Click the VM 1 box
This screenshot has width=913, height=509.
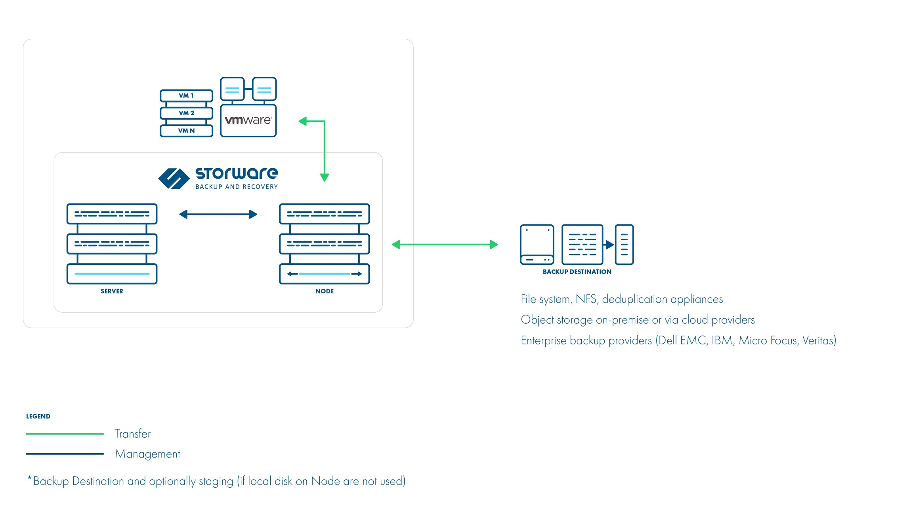186,96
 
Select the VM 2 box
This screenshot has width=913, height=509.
186,113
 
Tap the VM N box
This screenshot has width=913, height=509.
186,131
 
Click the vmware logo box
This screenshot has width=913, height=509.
248,120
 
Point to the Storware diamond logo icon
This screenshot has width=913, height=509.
174,179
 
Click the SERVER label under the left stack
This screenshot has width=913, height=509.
112,291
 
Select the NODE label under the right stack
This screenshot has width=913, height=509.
324,291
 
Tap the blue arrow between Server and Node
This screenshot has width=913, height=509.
218,215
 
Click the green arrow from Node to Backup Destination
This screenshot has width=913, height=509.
445,245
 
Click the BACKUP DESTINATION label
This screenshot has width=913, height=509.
577,272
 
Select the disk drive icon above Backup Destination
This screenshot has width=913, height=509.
537,245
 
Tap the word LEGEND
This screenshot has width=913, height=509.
38,416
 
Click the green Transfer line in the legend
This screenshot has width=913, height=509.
65,434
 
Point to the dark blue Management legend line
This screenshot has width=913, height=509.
65,454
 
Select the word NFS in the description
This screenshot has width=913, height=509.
586,299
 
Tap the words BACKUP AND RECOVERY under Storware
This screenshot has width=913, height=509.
237,187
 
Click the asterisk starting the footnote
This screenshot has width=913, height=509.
29,479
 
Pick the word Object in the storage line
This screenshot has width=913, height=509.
537,320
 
